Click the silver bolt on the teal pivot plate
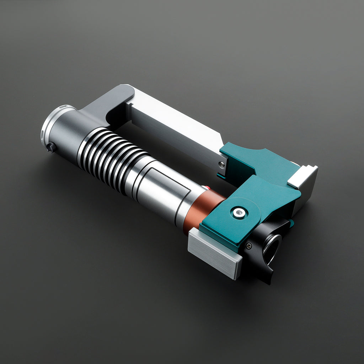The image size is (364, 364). click(239, 213)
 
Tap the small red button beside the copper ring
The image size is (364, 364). click(204, 187)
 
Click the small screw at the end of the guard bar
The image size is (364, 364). click(221, 164)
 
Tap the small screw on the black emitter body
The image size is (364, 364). click(249, 245)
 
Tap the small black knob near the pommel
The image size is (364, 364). click(51, 146)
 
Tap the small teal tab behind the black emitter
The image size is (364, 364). click(291, 223)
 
